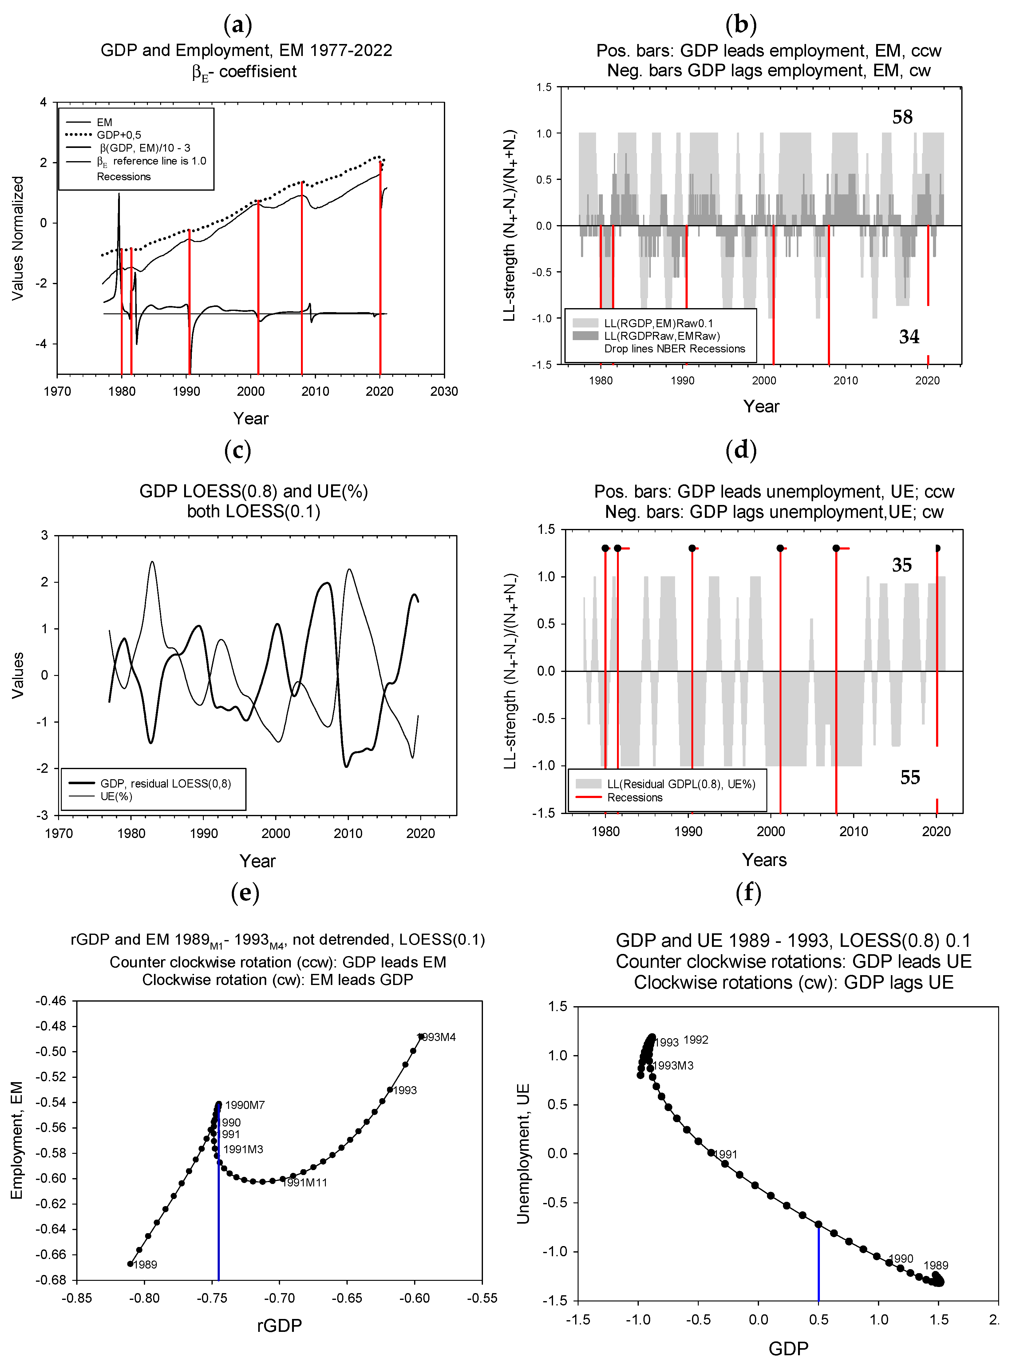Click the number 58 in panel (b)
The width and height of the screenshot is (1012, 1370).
(902, 117)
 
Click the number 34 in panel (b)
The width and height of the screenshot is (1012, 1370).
(909, 336)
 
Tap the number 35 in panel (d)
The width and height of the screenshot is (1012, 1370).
(901, 565)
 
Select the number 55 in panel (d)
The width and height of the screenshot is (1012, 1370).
(910, 777)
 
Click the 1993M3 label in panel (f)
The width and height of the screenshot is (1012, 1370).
(673, 1066)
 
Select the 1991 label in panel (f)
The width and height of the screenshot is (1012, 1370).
(726, 1154)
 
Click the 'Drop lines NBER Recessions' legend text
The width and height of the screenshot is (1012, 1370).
(674, 349)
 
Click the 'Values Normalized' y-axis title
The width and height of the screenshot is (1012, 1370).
(18, 238)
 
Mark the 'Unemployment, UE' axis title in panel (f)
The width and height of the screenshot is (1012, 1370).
(523, 1154)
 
